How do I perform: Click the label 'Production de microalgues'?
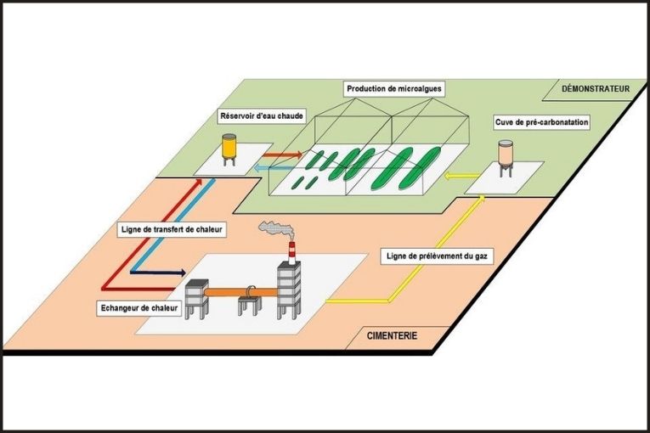point(395,88)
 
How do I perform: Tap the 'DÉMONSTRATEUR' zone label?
point(591,88)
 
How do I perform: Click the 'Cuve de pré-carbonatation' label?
point(541,122)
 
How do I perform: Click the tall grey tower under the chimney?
point(290,289)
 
